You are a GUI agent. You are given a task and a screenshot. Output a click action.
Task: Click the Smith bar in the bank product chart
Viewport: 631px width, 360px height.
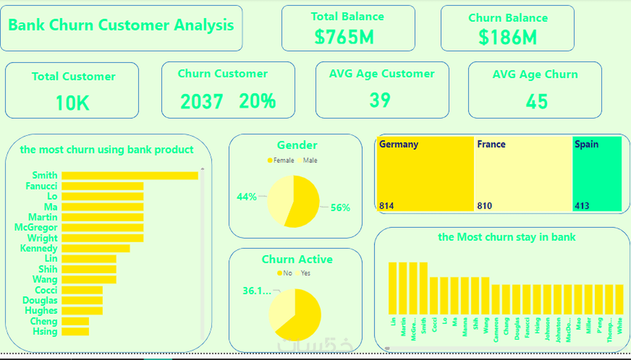point(130,176)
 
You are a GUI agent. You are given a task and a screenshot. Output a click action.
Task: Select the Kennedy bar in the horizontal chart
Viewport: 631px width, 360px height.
point(96,248)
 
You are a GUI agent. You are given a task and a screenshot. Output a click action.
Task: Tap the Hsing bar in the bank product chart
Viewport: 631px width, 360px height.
point(75,331)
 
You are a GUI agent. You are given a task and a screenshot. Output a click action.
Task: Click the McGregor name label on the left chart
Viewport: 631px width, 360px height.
point(36,228)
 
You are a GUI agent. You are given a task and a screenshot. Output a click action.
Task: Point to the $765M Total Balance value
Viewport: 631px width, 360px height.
point(344,37)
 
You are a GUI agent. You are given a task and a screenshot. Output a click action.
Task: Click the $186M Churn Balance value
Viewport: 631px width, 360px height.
point(507,37)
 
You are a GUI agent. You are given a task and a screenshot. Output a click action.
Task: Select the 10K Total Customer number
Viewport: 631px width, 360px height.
point(72,103)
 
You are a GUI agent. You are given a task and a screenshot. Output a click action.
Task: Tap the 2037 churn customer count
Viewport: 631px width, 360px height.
point(202,102)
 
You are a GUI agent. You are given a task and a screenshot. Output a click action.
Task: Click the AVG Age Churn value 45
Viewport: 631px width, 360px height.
point(537,102)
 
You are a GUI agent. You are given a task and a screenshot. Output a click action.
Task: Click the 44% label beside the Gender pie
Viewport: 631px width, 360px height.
point(246,197)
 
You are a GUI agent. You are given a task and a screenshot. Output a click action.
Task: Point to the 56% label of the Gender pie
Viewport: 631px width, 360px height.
point(340,207)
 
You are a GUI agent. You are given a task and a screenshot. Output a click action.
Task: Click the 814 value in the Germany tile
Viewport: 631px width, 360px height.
point(386,206)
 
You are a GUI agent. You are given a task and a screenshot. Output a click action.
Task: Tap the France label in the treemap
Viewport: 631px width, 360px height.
point(491,144)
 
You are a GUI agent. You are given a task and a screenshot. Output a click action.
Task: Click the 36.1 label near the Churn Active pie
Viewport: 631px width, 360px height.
point(257,291)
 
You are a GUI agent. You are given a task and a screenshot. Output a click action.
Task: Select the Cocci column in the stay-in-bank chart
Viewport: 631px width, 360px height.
point(434,296)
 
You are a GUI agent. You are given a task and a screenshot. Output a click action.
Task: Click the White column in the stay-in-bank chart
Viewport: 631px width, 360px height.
point(619,300)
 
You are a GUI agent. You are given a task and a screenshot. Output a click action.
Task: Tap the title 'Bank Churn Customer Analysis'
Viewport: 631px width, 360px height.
point(121,25)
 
